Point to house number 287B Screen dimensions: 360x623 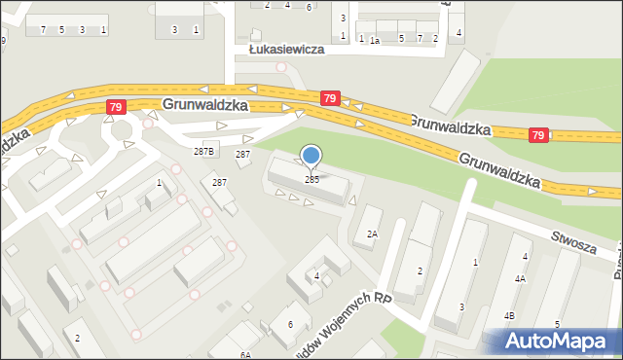203,152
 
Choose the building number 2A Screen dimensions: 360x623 372,234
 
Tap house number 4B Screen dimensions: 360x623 509,316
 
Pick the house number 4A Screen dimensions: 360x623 521,279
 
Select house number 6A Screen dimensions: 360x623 246,355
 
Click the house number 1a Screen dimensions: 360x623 374,40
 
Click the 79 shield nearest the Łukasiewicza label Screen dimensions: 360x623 330,98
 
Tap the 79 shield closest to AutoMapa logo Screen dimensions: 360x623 538,134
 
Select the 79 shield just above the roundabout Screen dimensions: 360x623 116,106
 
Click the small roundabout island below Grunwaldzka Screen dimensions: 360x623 122,129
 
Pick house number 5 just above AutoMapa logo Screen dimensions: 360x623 557,323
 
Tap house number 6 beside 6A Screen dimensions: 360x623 290,324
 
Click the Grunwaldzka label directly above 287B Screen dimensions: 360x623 206,103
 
